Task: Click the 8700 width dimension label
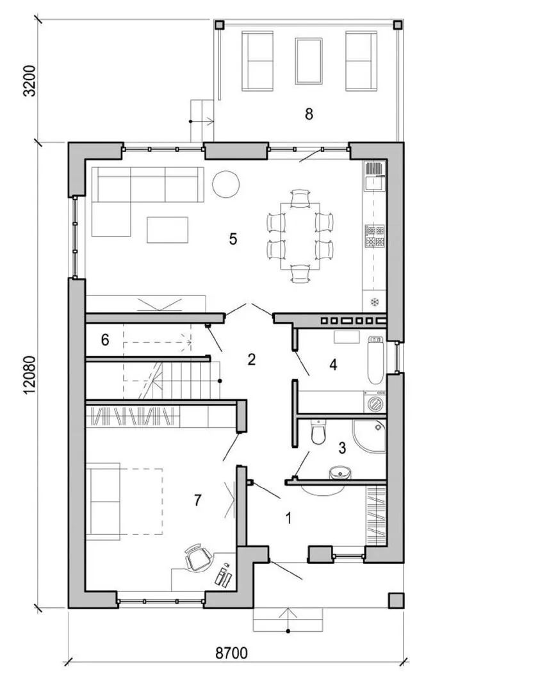pyautogui.click(x=231, y=653)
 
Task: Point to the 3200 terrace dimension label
pyautogui.click(x=29, y=81)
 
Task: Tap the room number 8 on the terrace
pyautogui.click(x=309, y=114)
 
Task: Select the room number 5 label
pyautogui.click(x=233, y=239)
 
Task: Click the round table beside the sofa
pyautogui.click(x=226, y=184)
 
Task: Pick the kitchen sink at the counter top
pyautogui.click(x=374, y=176)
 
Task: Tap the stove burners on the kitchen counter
pyautogui.click(x=374, y=236)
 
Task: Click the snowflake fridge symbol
pyautogui.click(x=375, y=302)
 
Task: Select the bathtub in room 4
pyautogui.click(x=375, y=360)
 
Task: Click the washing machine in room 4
pyautogui.click(x=375, y=402)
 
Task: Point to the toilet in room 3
pyautogui.click(x=318, y=431)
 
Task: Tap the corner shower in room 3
pyautogui.click(x=369, y=436)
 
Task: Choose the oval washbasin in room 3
pyautogui.click(x=340, y=473)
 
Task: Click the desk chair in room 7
pyautogui.click(x=198, y=557)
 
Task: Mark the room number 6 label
pyautogui.click(x=105, y=340)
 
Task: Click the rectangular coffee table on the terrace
pyautogui.click(x=309, y=61)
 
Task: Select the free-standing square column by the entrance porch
pyautogui.click(x=395, y=600)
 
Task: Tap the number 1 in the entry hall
pyautogui.click(x=288, y=518)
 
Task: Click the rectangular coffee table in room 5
pyautogui.click(x=168, y=229)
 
